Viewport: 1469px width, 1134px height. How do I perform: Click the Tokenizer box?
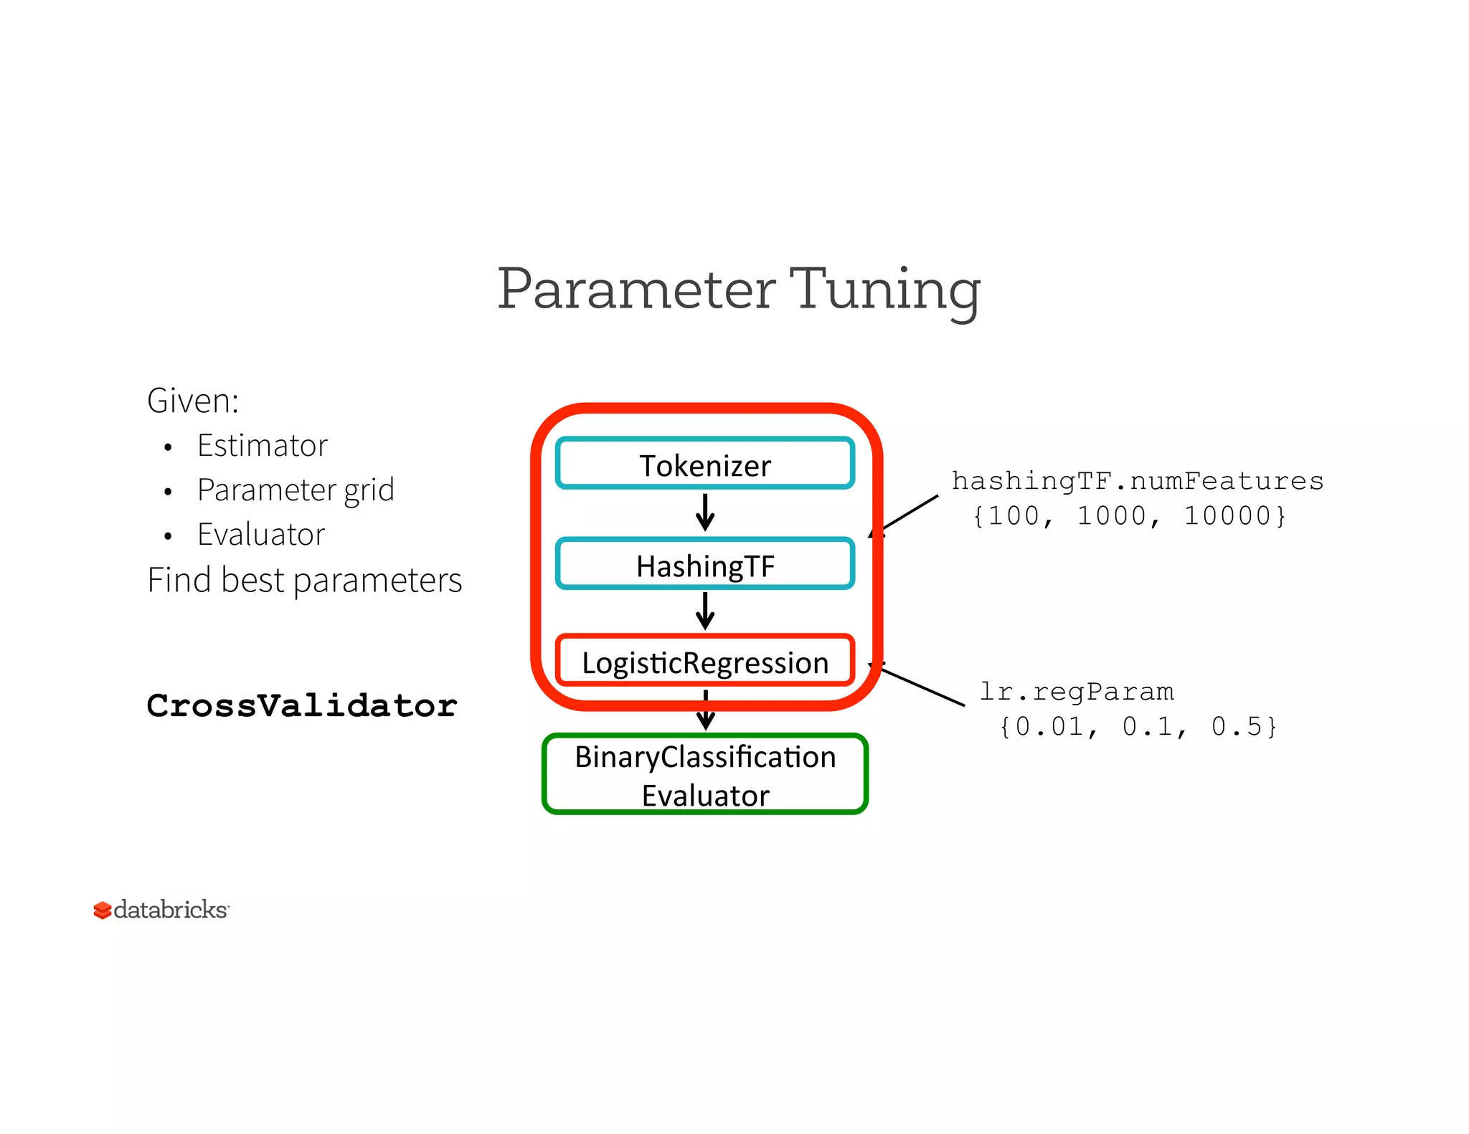(705, 464)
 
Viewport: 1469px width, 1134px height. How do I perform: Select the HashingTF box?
(705, 564)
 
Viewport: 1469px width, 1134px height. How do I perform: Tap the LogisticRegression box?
(705, 661)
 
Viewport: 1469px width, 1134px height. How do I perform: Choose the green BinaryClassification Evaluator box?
(705, 775)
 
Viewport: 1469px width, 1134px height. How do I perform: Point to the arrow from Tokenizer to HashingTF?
(705, 512)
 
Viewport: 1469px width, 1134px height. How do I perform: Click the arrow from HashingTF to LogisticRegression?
(705, 611)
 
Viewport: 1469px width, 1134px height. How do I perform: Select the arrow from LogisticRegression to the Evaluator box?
(706, 710)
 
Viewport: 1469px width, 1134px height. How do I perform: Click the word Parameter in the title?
(636, 290)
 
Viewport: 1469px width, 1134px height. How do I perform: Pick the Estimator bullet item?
(262, 446)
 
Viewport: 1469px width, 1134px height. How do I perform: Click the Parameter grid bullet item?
(296, 490)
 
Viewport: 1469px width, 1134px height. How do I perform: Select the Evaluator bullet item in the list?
(261, 535)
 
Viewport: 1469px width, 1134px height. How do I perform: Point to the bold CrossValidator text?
(302, 706)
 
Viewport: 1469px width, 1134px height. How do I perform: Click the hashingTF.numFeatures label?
(1137, 481)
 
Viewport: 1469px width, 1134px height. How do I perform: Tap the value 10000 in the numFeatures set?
(1227, 516)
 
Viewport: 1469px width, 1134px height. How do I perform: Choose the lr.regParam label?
(1077, 692)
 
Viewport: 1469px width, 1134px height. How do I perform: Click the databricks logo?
(161, 910)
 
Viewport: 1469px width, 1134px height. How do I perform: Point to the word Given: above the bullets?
(192, 401)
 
